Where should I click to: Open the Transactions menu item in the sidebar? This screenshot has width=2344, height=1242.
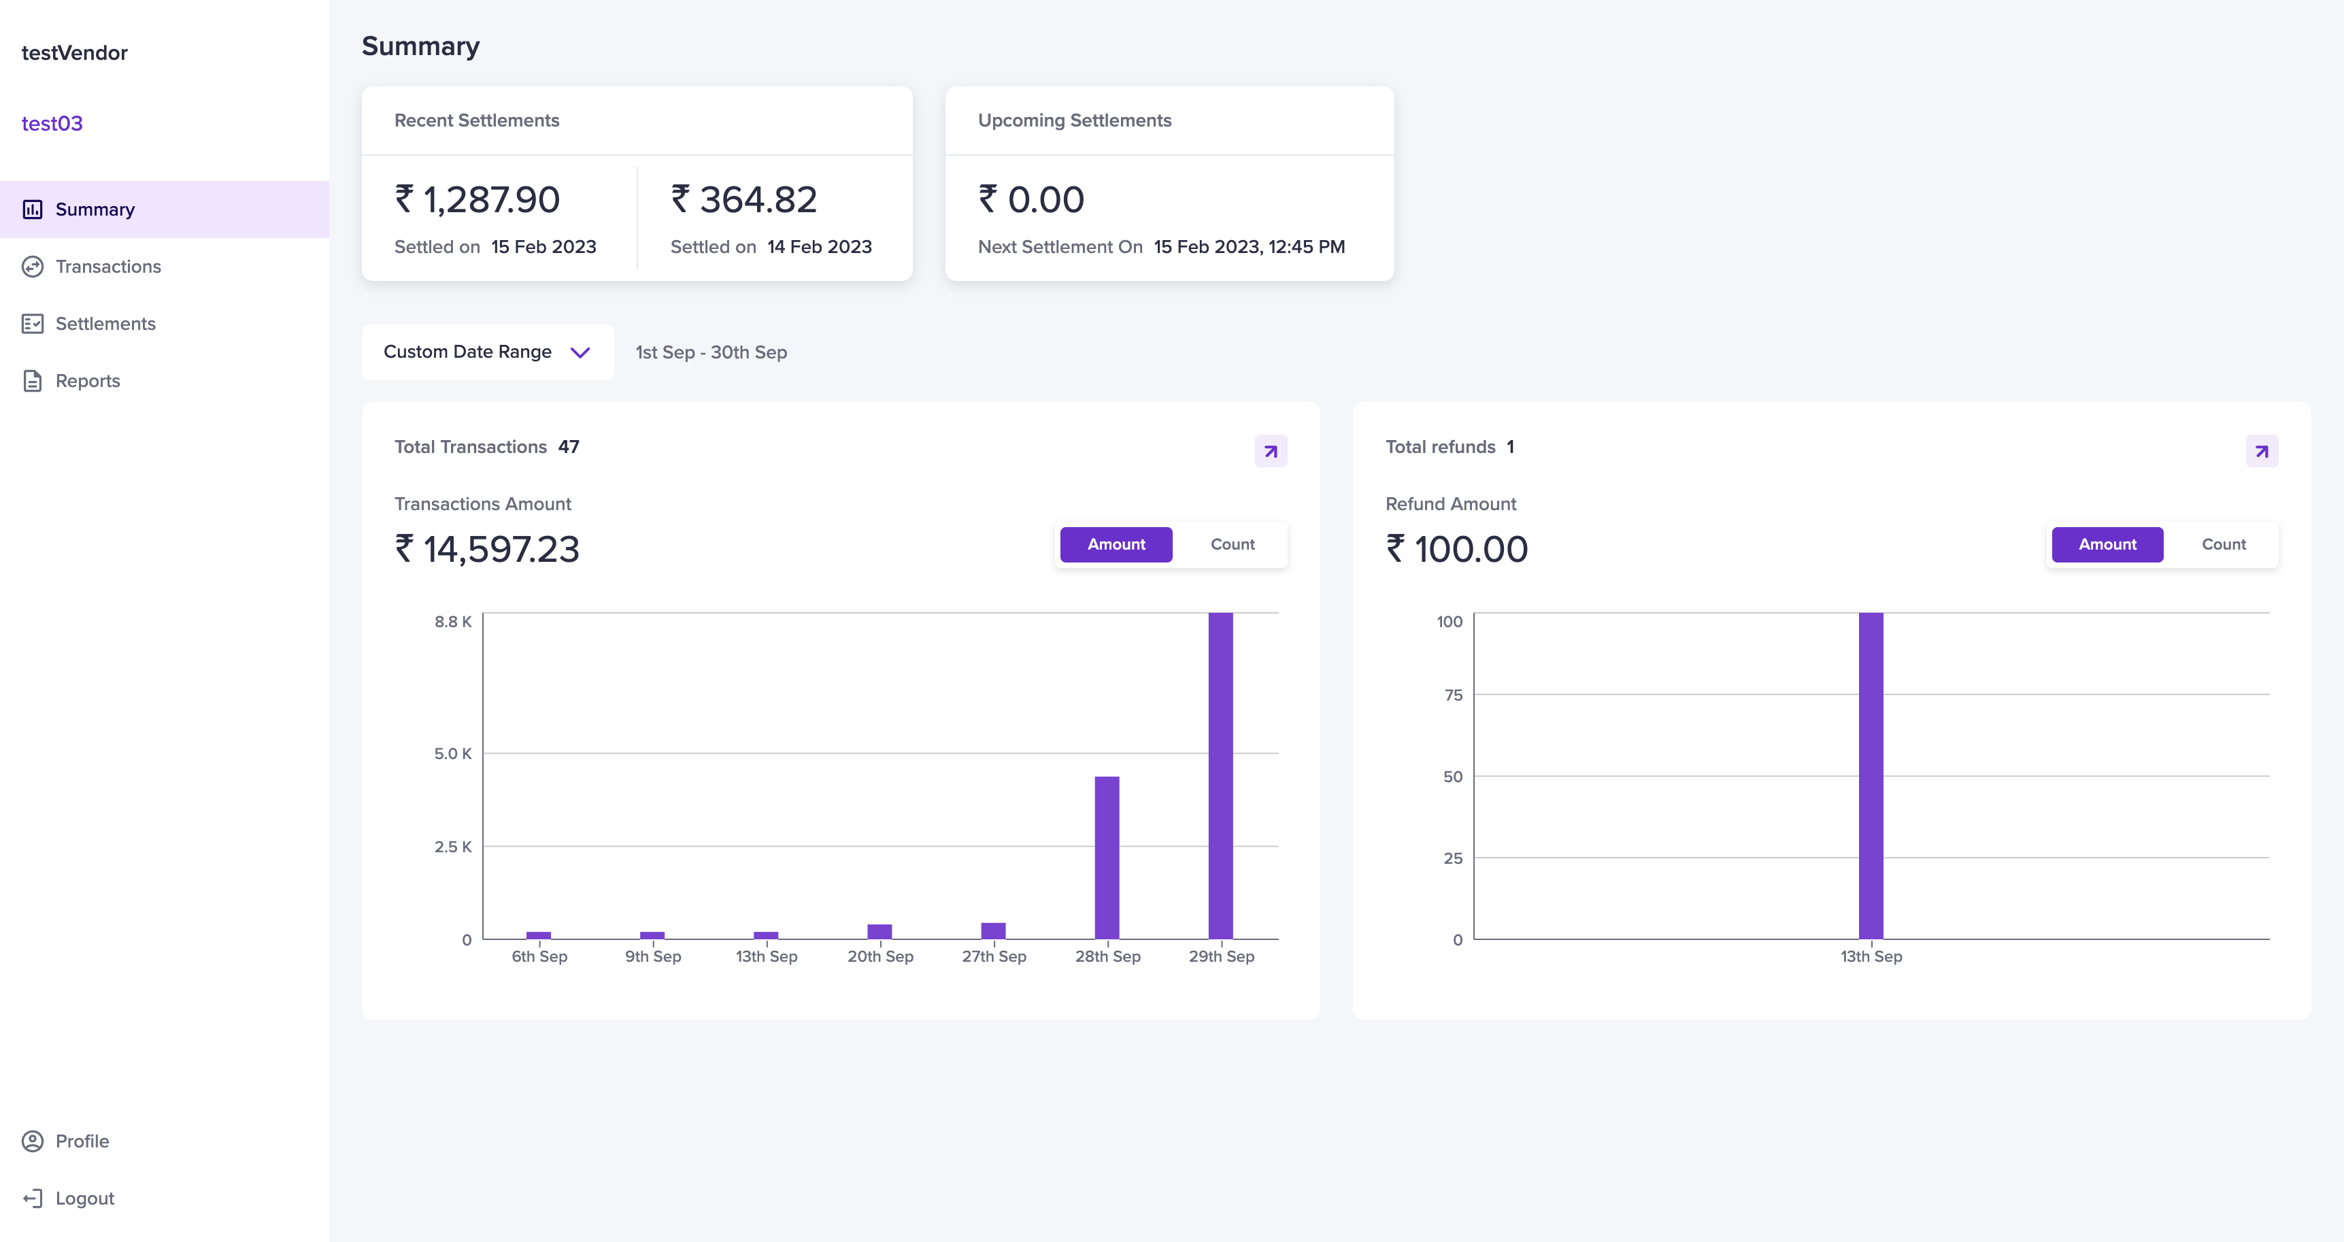pyautogui.click(x=107, y=267)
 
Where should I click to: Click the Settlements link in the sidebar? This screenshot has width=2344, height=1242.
pyautogui.click(x=105, y=324)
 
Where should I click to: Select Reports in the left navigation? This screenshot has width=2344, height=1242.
pyautogui.click(x=87, y=382)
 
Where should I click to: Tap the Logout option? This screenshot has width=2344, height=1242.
pyautogui.click(x=84, y=1198)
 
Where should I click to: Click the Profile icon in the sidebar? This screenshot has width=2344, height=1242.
pyautogui.click(x=33, y=1141)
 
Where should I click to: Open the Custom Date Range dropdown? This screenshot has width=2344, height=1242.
pyautogui.click(x=488, y=352)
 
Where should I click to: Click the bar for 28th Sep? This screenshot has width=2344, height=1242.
pyautogui.click(x=1107, y=857)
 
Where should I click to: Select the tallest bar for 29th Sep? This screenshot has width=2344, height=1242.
pyautogui.click(x=1220, y=775)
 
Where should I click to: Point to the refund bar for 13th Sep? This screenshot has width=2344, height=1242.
pyautogui.click(x=1871, y=775)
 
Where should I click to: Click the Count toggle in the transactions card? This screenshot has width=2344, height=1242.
pyautogui.click(x=1232, y=544)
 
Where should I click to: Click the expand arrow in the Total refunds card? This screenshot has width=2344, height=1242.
pyautogui.click(x=2261, y=452)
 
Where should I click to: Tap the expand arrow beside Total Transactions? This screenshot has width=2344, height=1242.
pyautogui.click(x=1270, y=452)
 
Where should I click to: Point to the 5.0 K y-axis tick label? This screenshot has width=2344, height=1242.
pyautogui.click(x=453, y=754)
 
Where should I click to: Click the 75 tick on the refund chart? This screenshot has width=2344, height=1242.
pyautogui.click(x=1453, y=695)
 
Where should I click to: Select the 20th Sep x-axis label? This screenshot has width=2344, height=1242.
pyautogui.click(x=880, y=956)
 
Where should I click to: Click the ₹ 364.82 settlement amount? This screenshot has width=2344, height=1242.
pyautogui.click(x=744, y=199)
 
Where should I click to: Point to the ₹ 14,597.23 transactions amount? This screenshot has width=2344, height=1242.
pyautogui.click(x=487, y=549)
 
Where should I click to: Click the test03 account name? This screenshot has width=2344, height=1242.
pyautogui.click(x=52, y=123)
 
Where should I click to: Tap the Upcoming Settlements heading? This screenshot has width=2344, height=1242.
pyautogui.click(x=1075, y=120)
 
